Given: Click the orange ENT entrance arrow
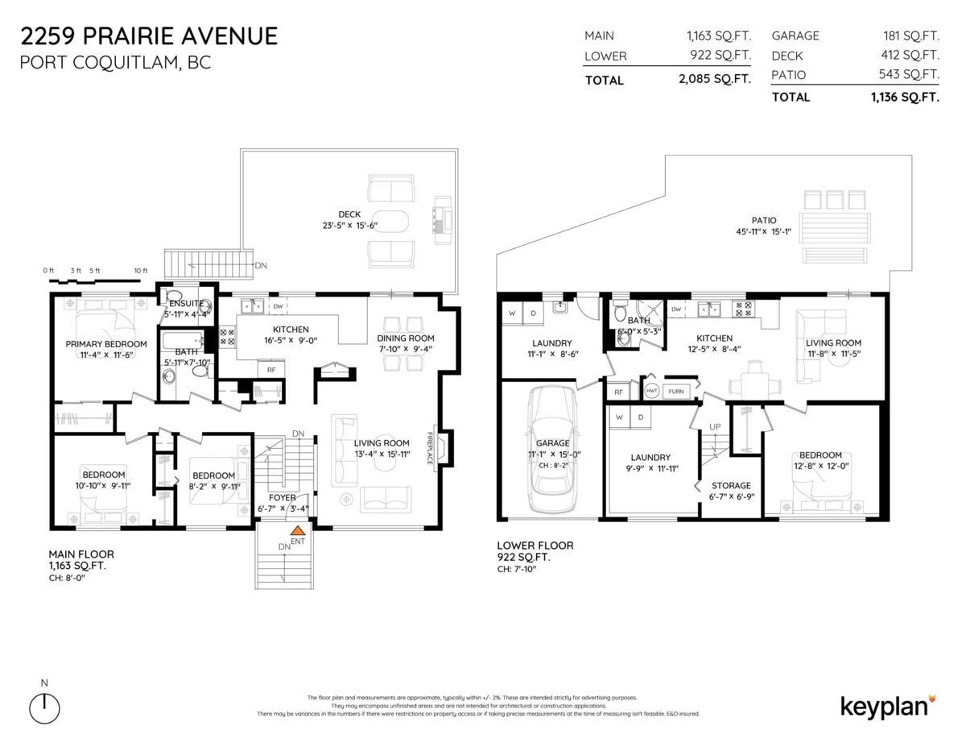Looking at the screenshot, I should (x=298, y=532).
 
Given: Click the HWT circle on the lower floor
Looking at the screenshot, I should (x=652, y=391).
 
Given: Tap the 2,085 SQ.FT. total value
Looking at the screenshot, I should (x=715, y=80).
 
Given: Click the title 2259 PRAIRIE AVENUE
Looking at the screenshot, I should (x=149, y=36).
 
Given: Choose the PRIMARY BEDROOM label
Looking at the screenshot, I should (x=106, y=344).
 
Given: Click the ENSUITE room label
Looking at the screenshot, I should (x=185, y=303).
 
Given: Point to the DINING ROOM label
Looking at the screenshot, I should (x=406, y=338).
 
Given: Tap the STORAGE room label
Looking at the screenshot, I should (x=731, y=486).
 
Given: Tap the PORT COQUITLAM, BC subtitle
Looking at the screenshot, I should (x=115, y=63).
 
